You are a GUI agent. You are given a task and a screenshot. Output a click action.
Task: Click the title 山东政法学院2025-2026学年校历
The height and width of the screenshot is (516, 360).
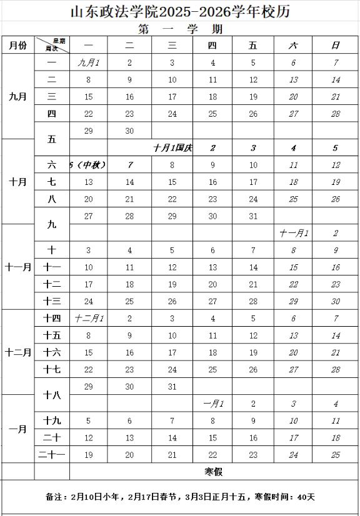(x=180, y=12)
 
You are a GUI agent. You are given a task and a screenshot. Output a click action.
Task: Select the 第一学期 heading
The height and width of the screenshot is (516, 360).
(x=180, y=29)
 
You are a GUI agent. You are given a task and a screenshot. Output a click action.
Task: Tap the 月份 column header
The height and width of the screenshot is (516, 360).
(x=17, y=45)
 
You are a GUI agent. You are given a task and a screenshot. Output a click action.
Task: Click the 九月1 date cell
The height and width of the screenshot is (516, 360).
(x=88, y=62)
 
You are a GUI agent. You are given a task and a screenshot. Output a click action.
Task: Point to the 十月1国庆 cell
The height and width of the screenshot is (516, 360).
(x=172, y=148)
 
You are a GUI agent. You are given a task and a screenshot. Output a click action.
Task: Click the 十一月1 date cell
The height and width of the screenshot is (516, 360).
(x=294, y=233)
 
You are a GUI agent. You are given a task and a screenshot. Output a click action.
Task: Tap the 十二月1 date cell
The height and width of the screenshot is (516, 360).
(x=89, y=319)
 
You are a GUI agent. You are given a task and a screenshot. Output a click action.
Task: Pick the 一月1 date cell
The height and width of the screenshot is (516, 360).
(x=213, y=404)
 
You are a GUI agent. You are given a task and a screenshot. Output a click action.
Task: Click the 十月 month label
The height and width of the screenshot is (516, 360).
(x=17, y=182)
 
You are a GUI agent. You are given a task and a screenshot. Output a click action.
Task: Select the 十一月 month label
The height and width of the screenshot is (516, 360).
(x=17, y=267)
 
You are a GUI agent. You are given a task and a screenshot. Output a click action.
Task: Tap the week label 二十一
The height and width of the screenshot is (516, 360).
(x=52, y=455)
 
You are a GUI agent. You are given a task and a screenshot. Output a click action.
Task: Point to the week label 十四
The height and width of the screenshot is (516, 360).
(x=52, y=319)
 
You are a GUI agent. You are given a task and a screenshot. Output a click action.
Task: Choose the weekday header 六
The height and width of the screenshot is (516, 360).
(x=294, y=45)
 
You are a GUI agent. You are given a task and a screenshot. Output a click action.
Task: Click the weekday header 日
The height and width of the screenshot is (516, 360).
(x=336, y=45)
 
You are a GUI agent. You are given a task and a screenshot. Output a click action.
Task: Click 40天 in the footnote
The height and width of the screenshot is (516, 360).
(x=306, y=497)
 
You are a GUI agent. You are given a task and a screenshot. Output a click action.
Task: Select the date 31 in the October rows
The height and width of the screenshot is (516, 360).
(x=253, y=216)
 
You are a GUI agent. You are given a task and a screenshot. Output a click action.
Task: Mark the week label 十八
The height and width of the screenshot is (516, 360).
(x=52, y=395)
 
